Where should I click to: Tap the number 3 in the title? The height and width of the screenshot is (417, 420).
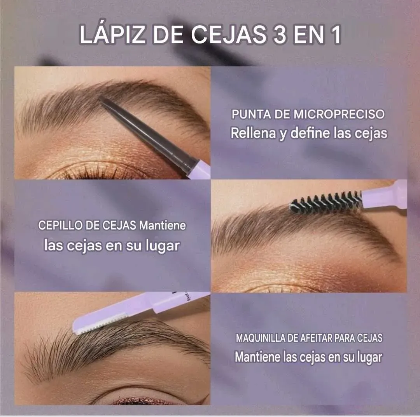[280, 35]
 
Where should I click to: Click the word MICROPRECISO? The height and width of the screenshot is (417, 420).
[339, 114]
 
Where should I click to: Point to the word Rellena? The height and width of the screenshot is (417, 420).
[254, 133]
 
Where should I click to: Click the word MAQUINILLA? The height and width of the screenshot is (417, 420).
[260, 338]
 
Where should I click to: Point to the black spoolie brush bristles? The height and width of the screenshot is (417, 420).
[326, 201]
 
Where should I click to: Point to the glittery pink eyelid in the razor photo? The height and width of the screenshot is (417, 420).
[142, 401]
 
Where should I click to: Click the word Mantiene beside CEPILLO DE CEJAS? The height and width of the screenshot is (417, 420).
[163, 225]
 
